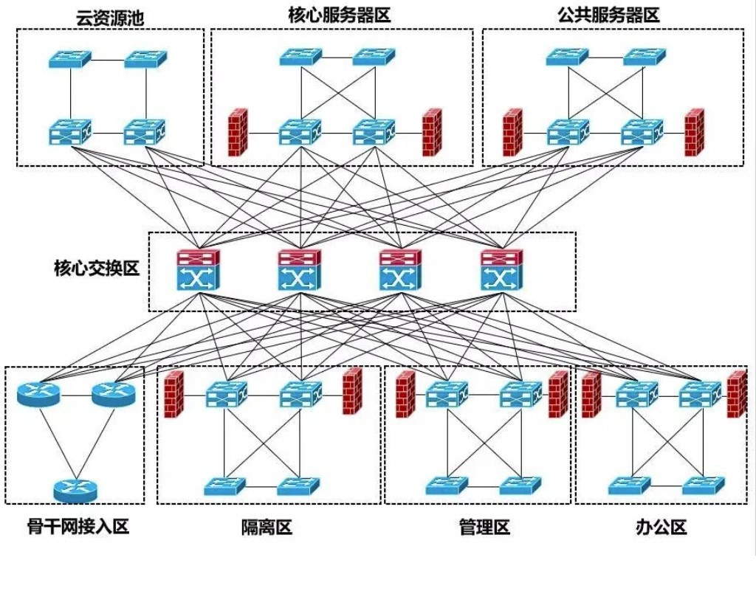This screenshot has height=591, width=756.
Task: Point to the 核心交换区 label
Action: (96, 268)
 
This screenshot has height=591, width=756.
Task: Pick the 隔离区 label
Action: (267, 527)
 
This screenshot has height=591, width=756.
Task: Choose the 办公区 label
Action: (661, 527)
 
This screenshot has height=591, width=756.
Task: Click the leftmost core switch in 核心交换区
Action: (197, 269)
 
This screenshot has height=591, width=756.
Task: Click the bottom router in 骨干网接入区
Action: (75, 489)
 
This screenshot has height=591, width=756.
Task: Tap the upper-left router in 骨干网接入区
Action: (38, 395)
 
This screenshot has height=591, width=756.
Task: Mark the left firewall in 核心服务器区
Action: (238, 133)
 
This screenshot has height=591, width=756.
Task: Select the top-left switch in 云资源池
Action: (70, 59)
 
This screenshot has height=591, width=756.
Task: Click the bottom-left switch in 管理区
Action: (447, 485)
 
